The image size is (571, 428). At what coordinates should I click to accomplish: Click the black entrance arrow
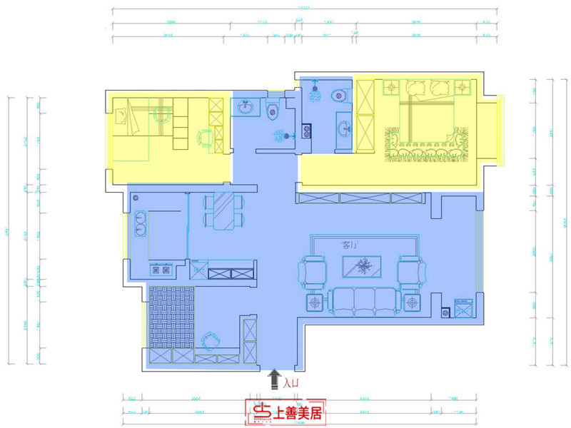coord(274,379)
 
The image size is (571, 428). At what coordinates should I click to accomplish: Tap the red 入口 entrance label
coord(290,384)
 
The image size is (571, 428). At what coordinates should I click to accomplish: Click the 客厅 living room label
coord(350,245)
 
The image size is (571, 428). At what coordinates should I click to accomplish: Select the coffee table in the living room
coord(363,267)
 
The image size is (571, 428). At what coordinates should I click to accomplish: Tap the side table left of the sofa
coord(315,303)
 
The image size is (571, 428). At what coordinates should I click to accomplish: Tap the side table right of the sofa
coord(411,303)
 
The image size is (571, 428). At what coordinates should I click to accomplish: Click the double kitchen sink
coord(138,223)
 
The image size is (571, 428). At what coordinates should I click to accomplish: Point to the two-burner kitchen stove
coord(161,270)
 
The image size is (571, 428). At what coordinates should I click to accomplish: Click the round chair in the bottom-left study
coord(209,340)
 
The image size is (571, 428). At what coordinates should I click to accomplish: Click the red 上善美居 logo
coord(285,412)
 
